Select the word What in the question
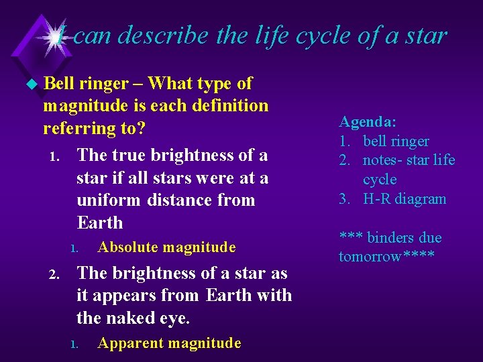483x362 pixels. point(169,84)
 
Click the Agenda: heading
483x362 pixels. point(368,122)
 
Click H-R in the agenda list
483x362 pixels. point(377,199)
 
